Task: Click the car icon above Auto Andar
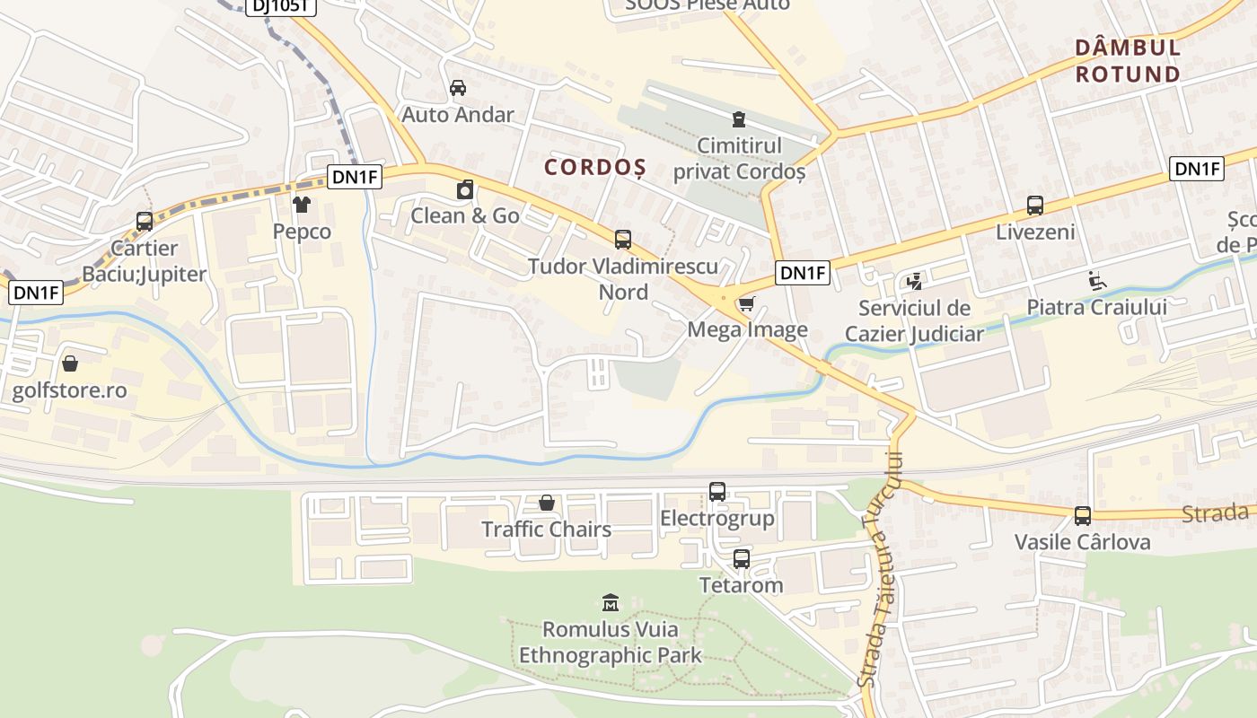458,88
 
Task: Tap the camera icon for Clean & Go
465,190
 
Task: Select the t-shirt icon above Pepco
301,206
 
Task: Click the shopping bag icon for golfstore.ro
70,363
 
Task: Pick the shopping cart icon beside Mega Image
745,305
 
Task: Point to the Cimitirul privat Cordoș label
739,158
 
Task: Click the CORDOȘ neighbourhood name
595,167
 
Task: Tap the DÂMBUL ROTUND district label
1128,60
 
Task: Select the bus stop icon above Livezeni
1034,206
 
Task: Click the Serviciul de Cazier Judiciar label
914,321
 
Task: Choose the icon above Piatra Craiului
1096,281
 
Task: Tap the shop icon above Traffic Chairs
546,503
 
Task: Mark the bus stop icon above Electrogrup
716,492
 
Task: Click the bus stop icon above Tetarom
741,559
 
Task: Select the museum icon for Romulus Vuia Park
611,602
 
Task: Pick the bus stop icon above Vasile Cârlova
1082,516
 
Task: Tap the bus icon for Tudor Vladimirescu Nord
622,240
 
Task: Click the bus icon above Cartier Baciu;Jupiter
144,222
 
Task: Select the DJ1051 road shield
280,6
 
